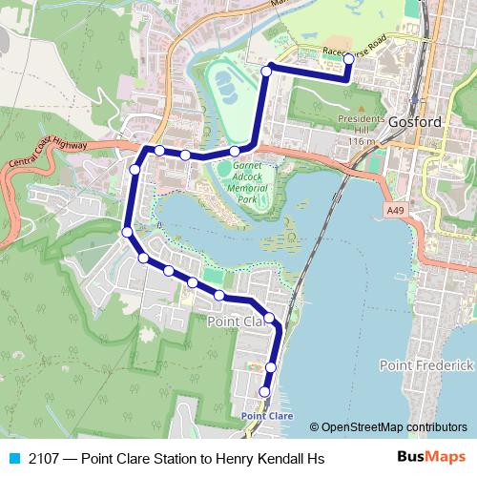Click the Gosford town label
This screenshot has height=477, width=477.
point(415,122)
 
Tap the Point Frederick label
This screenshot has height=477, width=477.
point(425,365)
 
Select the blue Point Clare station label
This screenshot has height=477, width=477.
point(267,416)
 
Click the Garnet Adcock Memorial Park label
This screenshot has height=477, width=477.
point(250,182)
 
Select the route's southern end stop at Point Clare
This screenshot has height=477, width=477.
point(264,392)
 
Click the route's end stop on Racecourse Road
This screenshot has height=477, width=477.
point(348,59)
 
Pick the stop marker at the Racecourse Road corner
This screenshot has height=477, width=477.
point(269,68)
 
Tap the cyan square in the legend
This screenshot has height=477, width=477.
point(13,459)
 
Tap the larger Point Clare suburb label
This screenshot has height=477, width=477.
point(234,322)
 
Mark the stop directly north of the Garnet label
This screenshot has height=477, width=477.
point(235,151)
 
